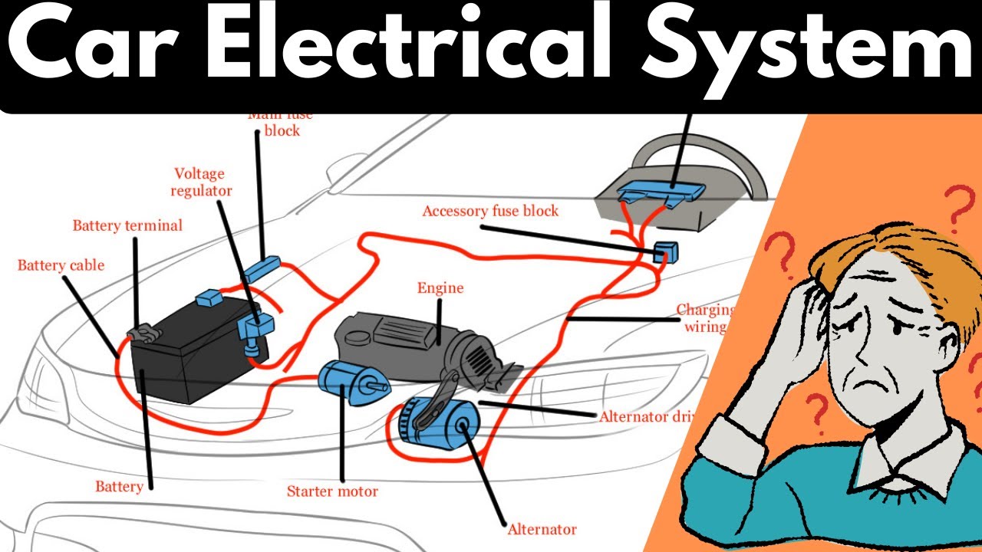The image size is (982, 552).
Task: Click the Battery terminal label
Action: click(127, 225)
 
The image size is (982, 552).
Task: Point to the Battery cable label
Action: click(61, 266)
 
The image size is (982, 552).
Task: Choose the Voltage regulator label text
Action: click(203, 182)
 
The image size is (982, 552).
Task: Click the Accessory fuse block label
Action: click(490, 211)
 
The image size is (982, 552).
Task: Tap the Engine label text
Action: click(440, 288)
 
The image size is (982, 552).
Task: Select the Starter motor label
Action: click(332, 491)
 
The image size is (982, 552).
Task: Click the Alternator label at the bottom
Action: click(542, 529)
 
